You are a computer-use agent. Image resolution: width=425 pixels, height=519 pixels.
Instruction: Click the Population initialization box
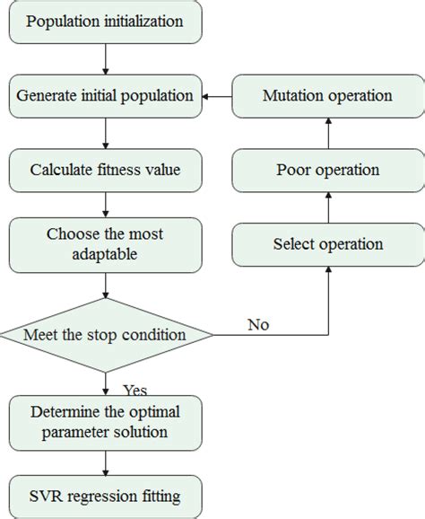point(106,22)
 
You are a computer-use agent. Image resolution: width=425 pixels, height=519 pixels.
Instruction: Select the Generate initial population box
point(106,94)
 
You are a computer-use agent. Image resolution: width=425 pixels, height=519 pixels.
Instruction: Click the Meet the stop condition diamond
point(106,336)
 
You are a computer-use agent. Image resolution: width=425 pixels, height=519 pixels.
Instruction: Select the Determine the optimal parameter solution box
point(106,421)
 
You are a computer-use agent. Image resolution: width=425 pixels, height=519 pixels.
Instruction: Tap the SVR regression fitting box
point(106,495)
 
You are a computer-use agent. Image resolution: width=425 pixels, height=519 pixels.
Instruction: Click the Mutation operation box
point(325,94)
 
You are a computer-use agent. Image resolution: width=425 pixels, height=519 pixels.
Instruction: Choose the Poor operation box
point(325,169)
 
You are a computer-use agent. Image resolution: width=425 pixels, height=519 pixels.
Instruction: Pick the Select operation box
point(325,243)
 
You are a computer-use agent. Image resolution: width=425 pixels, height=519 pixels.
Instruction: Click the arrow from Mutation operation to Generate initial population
point(219,94)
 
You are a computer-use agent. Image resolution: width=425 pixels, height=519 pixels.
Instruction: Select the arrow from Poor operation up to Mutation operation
point(327,132)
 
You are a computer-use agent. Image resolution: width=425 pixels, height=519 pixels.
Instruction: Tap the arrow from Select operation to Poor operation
point(327,207)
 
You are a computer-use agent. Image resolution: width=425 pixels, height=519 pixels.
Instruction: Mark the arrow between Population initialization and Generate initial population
point(106,58)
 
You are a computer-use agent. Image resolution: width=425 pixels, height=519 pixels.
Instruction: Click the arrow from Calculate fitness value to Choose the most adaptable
point(106,206)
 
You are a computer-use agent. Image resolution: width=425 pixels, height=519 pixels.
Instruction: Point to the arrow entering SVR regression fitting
point(106,462)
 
